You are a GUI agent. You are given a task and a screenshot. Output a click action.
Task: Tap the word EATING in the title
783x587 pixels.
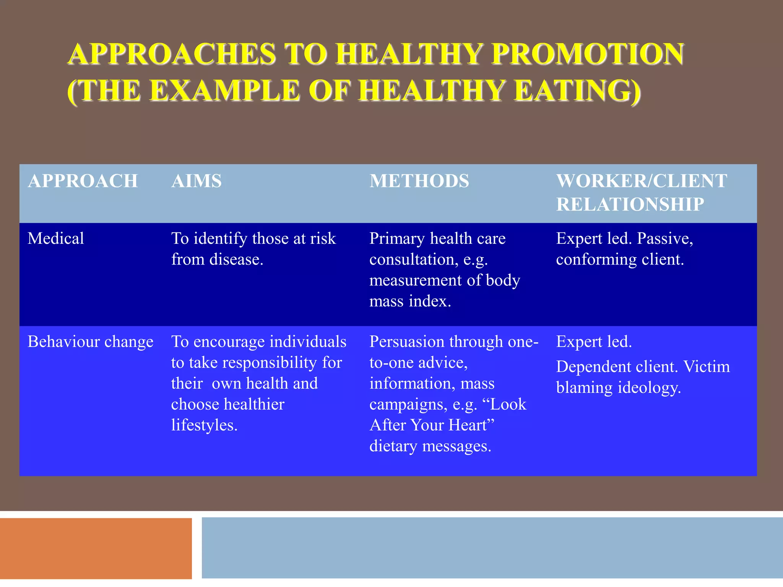coord(577,91)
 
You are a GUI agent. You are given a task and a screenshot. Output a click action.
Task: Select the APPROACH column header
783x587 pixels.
coord(83,181)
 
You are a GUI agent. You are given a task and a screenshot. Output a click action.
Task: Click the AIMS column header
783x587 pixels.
coord(197,181)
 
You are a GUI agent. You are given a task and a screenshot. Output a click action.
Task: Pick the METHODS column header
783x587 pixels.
coord(419,181)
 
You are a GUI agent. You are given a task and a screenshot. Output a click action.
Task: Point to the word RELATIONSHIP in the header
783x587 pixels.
coord(630,204)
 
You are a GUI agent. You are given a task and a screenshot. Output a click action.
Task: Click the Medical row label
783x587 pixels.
coord(56,238)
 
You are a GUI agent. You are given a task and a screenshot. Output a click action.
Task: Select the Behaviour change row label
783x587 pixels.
coord(90,342)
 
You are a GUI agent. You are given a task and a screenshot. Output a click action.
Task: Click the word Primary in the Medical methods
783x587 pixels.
coord(397,239)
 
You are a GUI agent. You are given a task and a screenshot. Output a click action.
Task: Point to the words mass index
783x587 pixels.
coord(410,302)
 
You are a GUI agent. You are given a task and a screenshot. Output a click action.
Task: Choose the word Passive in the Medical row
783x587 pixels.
coord(664,239)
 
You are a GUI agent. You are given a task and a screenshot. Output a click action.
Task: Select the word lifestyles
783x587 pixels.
coord(204,425)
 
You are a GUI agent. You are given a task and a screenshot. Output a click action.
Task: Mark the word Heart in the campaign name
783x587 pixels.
coord(471,425)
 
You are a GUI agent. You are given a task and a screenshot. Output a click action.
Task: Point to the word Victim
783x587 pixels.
coord(707,367)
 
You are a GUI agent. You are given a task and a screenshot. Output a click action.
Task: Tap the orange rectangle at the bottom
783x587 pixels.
coord(96,548)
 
